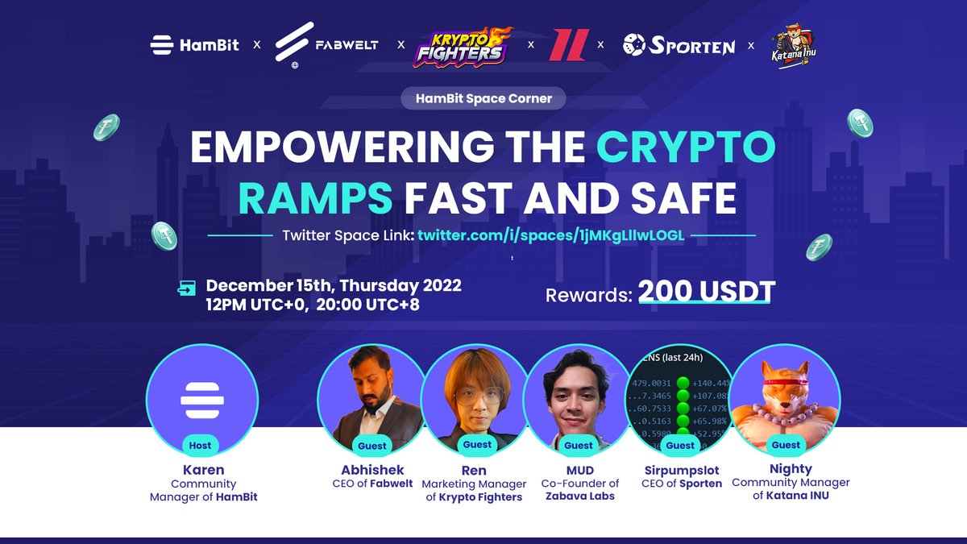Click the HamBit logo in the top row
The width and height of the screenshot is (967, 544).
(194, 44)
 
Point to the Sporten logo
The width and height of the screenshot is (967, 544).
(679, 45)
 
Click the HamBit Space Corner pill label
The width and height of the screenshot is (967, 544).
(483, 99)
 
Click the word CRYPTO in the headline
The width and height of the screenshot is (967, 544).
(686, 147)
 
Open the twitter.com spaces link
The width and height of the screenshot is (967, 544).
(552, 235)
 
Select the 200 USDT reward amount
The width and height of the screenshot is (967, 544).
(706, 293)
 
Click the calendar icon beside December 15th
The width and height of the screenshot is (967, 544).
(187, 287)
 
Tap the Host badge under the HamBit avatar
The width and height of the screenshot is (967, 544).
(200, 445)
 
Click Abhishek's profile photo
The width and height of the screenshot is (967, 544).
(371, 395)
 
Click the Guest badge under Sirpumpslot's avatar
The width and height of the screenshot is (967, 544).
(680, 445)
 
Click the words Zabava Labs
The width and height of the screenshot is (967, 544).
(579, 496)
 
